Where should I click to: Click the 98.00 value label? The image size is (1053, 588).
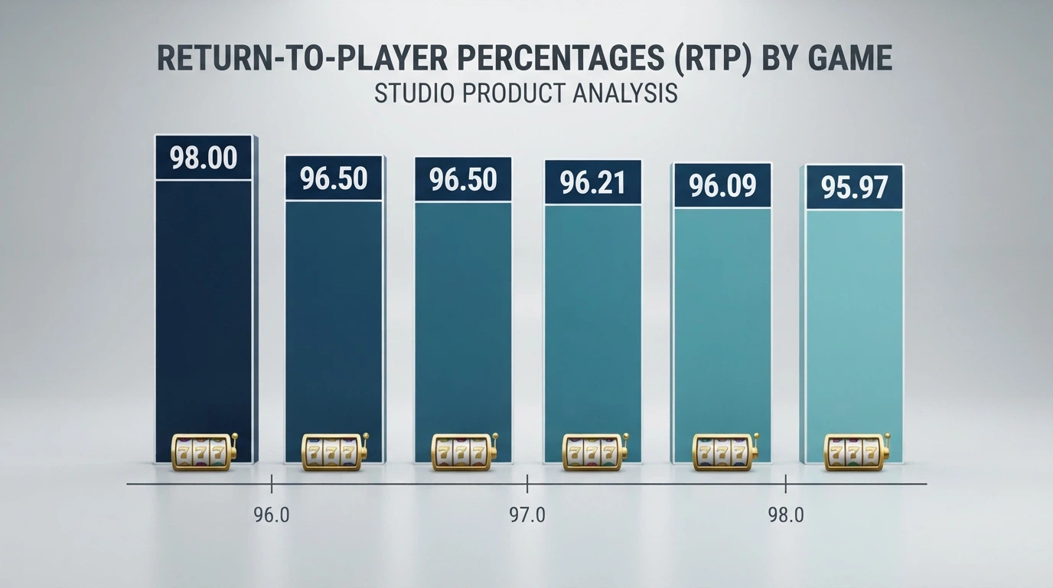coord(204,158)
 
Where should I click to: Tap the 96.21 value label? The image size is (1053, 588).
coord(593,182)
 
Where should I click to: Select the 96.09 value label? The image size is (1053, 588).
coord(722,185)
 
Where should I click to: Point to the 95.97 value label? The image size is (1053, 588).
coord(855,188)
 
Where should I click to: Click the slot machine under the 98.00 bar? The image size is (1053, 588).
coord(204,452)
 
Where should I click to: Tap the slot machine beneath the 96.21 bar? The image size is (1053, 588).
coord(595,452)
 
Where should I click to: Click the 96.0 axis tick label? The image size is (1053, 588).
coord(272,515)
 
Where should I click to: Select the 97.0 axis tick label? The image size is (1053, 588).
coord(527,515)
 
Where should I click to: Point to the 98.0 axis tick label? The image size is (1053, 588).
coord(786,515)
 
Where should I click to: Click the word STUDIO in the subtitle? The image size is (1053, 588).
coord(414,93)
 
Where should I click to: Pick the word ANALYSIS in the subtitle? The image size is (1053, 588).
coord(625,93)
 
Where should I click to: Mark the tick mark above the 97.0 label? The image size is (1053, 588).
coord(527,484)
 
